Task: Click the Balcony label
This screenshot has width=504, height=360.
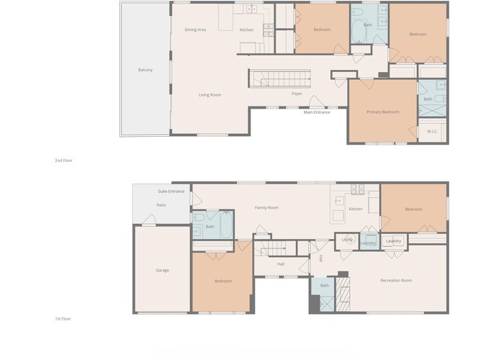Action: tap(145, 70)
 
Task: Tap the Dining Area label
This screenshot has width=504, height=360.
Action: tap(195, 30)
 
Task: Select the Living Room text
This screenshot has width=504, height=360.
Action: tap(210, 95)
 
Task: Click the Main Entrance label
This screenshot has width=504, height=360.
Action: tap(317, 112)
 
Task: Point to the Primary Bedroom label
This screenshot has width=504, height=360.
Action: tap(383, 112)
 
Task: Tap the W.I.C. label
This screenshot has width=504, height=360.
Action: tap(432, 131)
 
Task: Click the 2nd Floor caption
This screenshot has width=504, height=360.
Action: tap(63, 161)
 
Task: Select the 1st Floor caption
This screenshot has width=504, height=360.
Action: tap(63, 318)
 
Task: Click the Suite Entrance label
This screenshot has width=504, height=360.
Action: tap(171, 192)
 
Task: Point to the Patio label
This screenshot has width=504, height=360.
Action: tap(161, 205)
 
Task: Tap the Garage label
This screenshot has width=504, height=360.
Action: tap(162, 270)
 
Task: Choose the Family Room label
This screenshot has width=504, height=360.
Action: tap(266, 207)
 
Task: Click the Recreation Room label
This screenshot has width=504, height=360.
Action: tap(396, 280)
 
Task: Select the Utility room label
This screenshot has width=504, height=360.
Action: tap(347, 240)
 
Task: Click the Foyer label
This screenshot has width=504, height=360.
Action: tap(297, 94)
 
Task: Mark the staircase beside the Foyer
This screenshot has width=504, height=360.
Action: tap(279, 78)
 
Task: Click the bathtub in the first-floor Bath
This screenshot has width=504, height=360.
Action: tap(226, 225)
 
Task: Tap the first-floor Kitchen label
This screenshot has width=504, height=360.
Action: tap(356, 209)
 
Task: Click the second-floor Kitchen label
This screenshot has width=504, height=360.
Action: tap(246, 30)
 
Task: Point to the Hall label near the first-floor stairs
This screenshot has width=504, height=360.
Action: tap(281, 264)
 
